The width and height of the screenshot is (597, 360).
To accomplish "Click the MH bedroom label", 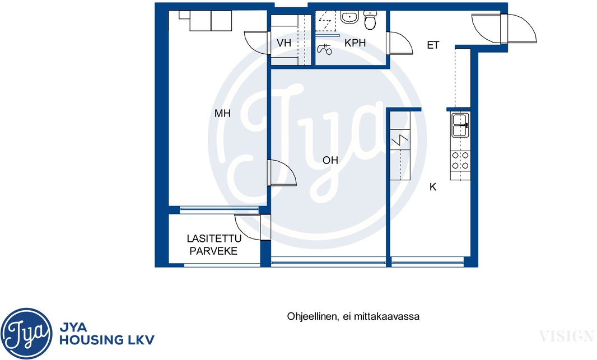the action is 222,113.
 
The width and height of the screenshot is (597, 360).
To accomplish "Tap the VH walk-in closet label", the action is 283,43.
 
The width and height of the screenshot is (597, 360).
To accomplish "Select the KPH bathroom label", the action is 355,43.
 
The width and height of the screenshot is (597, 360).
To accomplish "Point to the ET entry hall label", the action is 433,45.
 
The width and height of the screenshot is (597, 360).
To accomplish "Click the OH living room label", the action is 330,160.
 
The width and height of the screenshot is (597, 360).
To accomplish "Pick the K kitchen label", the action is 432,187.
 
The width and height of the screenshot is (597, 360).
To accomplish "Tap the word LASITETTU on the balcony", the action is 214,239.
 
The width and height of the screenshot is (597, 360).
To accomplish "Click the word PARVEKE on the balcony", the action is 213,251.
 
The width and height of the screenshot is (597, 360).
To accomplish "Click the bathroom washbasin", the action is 349,17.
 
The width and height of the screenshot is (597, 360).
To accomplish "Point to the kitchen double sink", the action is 460,125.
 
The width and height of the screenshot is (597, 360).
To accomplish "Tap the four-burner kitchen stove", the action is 460,161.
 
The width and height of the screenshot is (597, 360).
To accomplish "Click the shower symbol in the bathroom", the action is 324,49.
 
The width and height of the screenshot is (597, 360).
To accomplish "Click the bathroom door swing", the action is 399,43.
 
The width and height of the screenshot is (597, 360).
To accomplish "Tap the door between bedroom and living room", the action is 281,172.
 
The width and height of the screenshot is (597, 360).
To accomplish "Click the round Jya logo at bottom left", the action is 26,334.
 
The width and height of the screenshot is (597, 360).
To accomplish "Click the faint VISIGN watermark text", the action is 566,336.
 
